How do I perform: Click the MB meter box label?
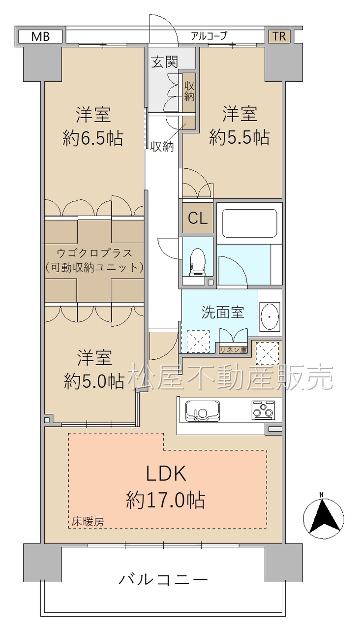pos(40,36)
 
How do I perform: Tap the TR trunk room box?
pos(279,36)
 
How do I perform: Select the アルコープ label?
pos(209,36)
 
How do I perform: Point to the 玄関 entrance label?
pos(165,62)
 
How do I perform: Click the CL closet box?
pos(198,218)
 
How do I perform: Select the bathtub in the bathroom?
pos(249,223)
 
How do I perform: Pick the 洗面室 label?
pos(223,313)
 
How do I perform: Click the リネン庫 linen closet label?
pos(233,350)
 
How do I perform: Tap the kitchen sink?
pos(202,411)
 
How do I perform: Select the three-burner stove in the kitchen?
pos(263,410)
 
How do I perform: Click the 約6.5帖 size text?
pos(93,139)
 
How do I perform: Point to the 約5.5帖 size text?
pos(240,137)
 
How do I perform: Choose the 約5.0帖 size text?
pos(94,381)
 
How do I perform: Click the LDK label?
pos(166,473)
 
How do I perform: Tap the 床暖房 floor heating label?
pos(88,522)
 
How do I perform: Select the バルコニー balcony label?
pos(163,580)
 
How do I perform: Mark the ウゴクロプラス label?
pos(94,253)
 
